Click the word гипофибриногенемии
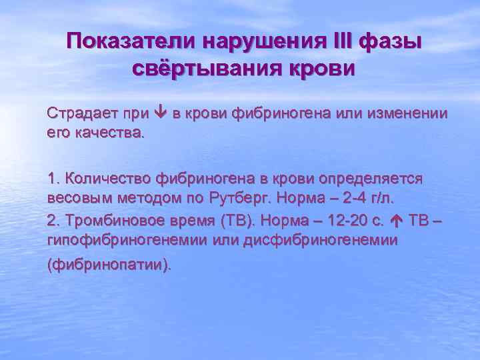[117, 239]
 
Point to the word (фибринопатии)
[109, 265]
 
